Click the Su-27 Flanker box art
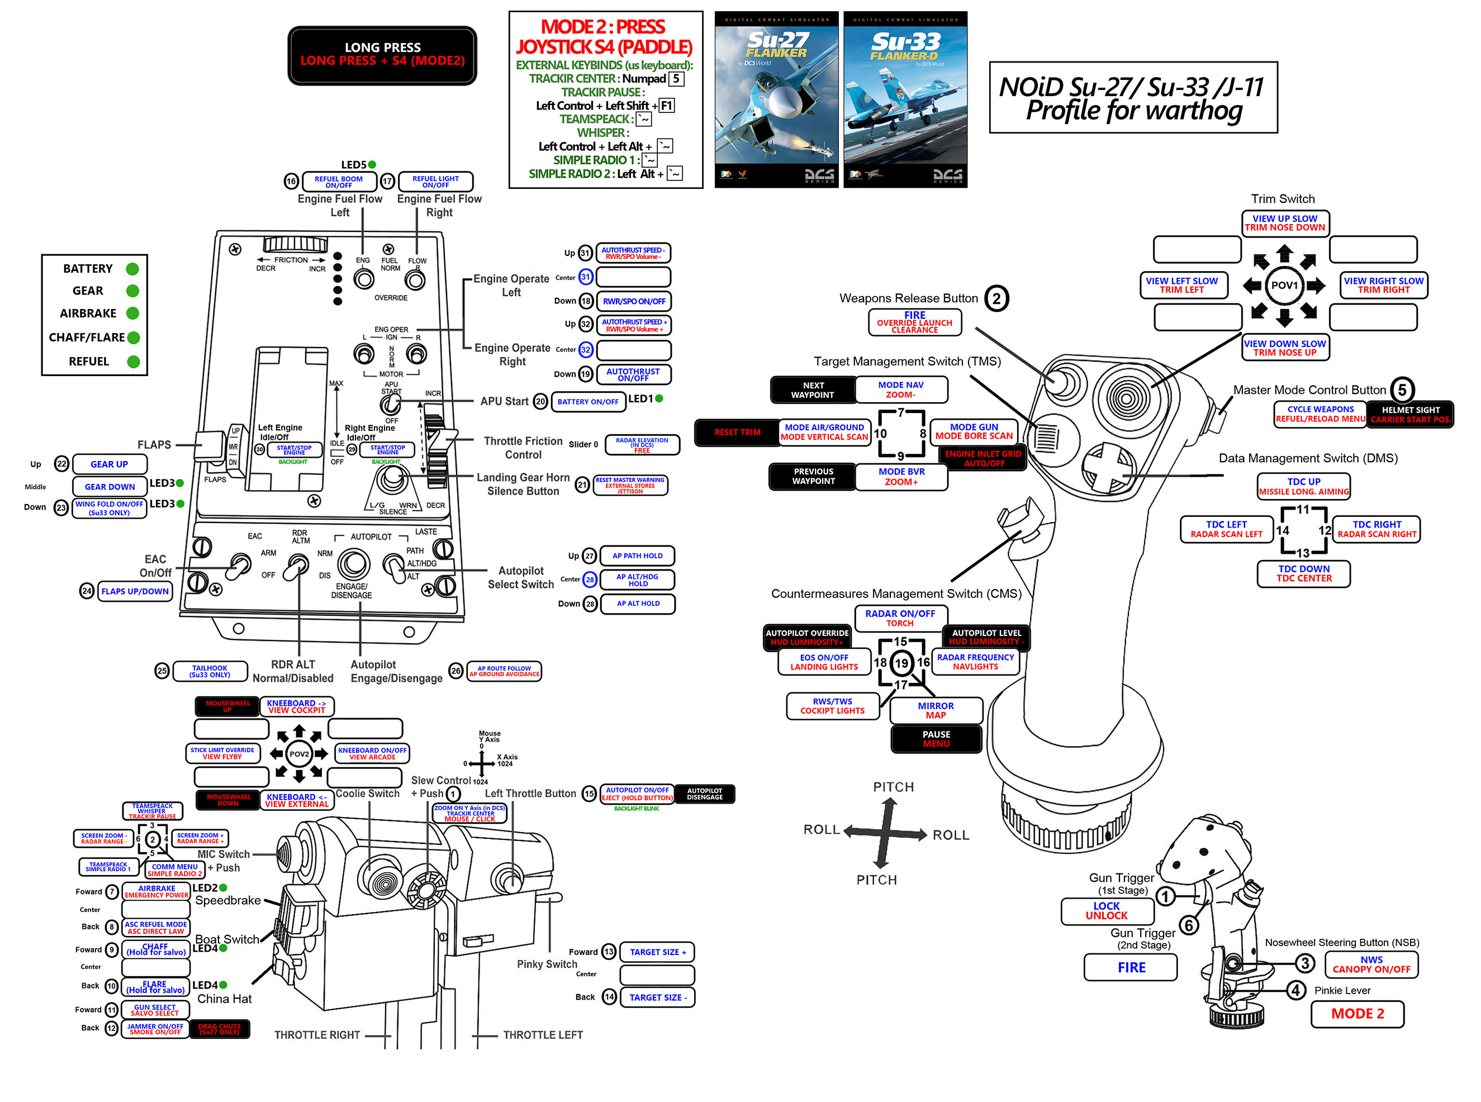(776, 99)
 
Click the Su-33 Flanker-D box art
(905, 99)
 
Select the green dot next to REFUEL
(134, 362)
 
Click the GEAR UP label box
(110, 464)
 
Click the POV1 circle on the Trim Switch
(1284, 286)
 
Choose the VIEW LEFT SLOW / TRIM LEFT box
(1181, 286)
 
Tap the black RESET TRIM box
(737, 433)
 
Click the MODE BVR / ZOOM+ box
(901, 477)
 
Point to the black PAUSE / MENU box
(936, 738)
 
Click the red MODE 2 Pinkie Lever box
(1357, 1014)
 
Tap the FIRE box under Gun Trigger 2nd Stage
(1131, 967)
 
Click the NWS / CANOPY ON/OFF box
(1371, 965)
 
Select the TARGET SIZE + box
(657, 952)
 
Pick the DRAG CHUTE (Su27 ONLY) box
(220, 1029)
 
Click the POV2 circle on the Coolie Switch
(299, 754)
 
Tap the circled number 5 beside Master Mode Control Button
(1402, 390)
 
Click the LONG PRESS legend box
(382, 55)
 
